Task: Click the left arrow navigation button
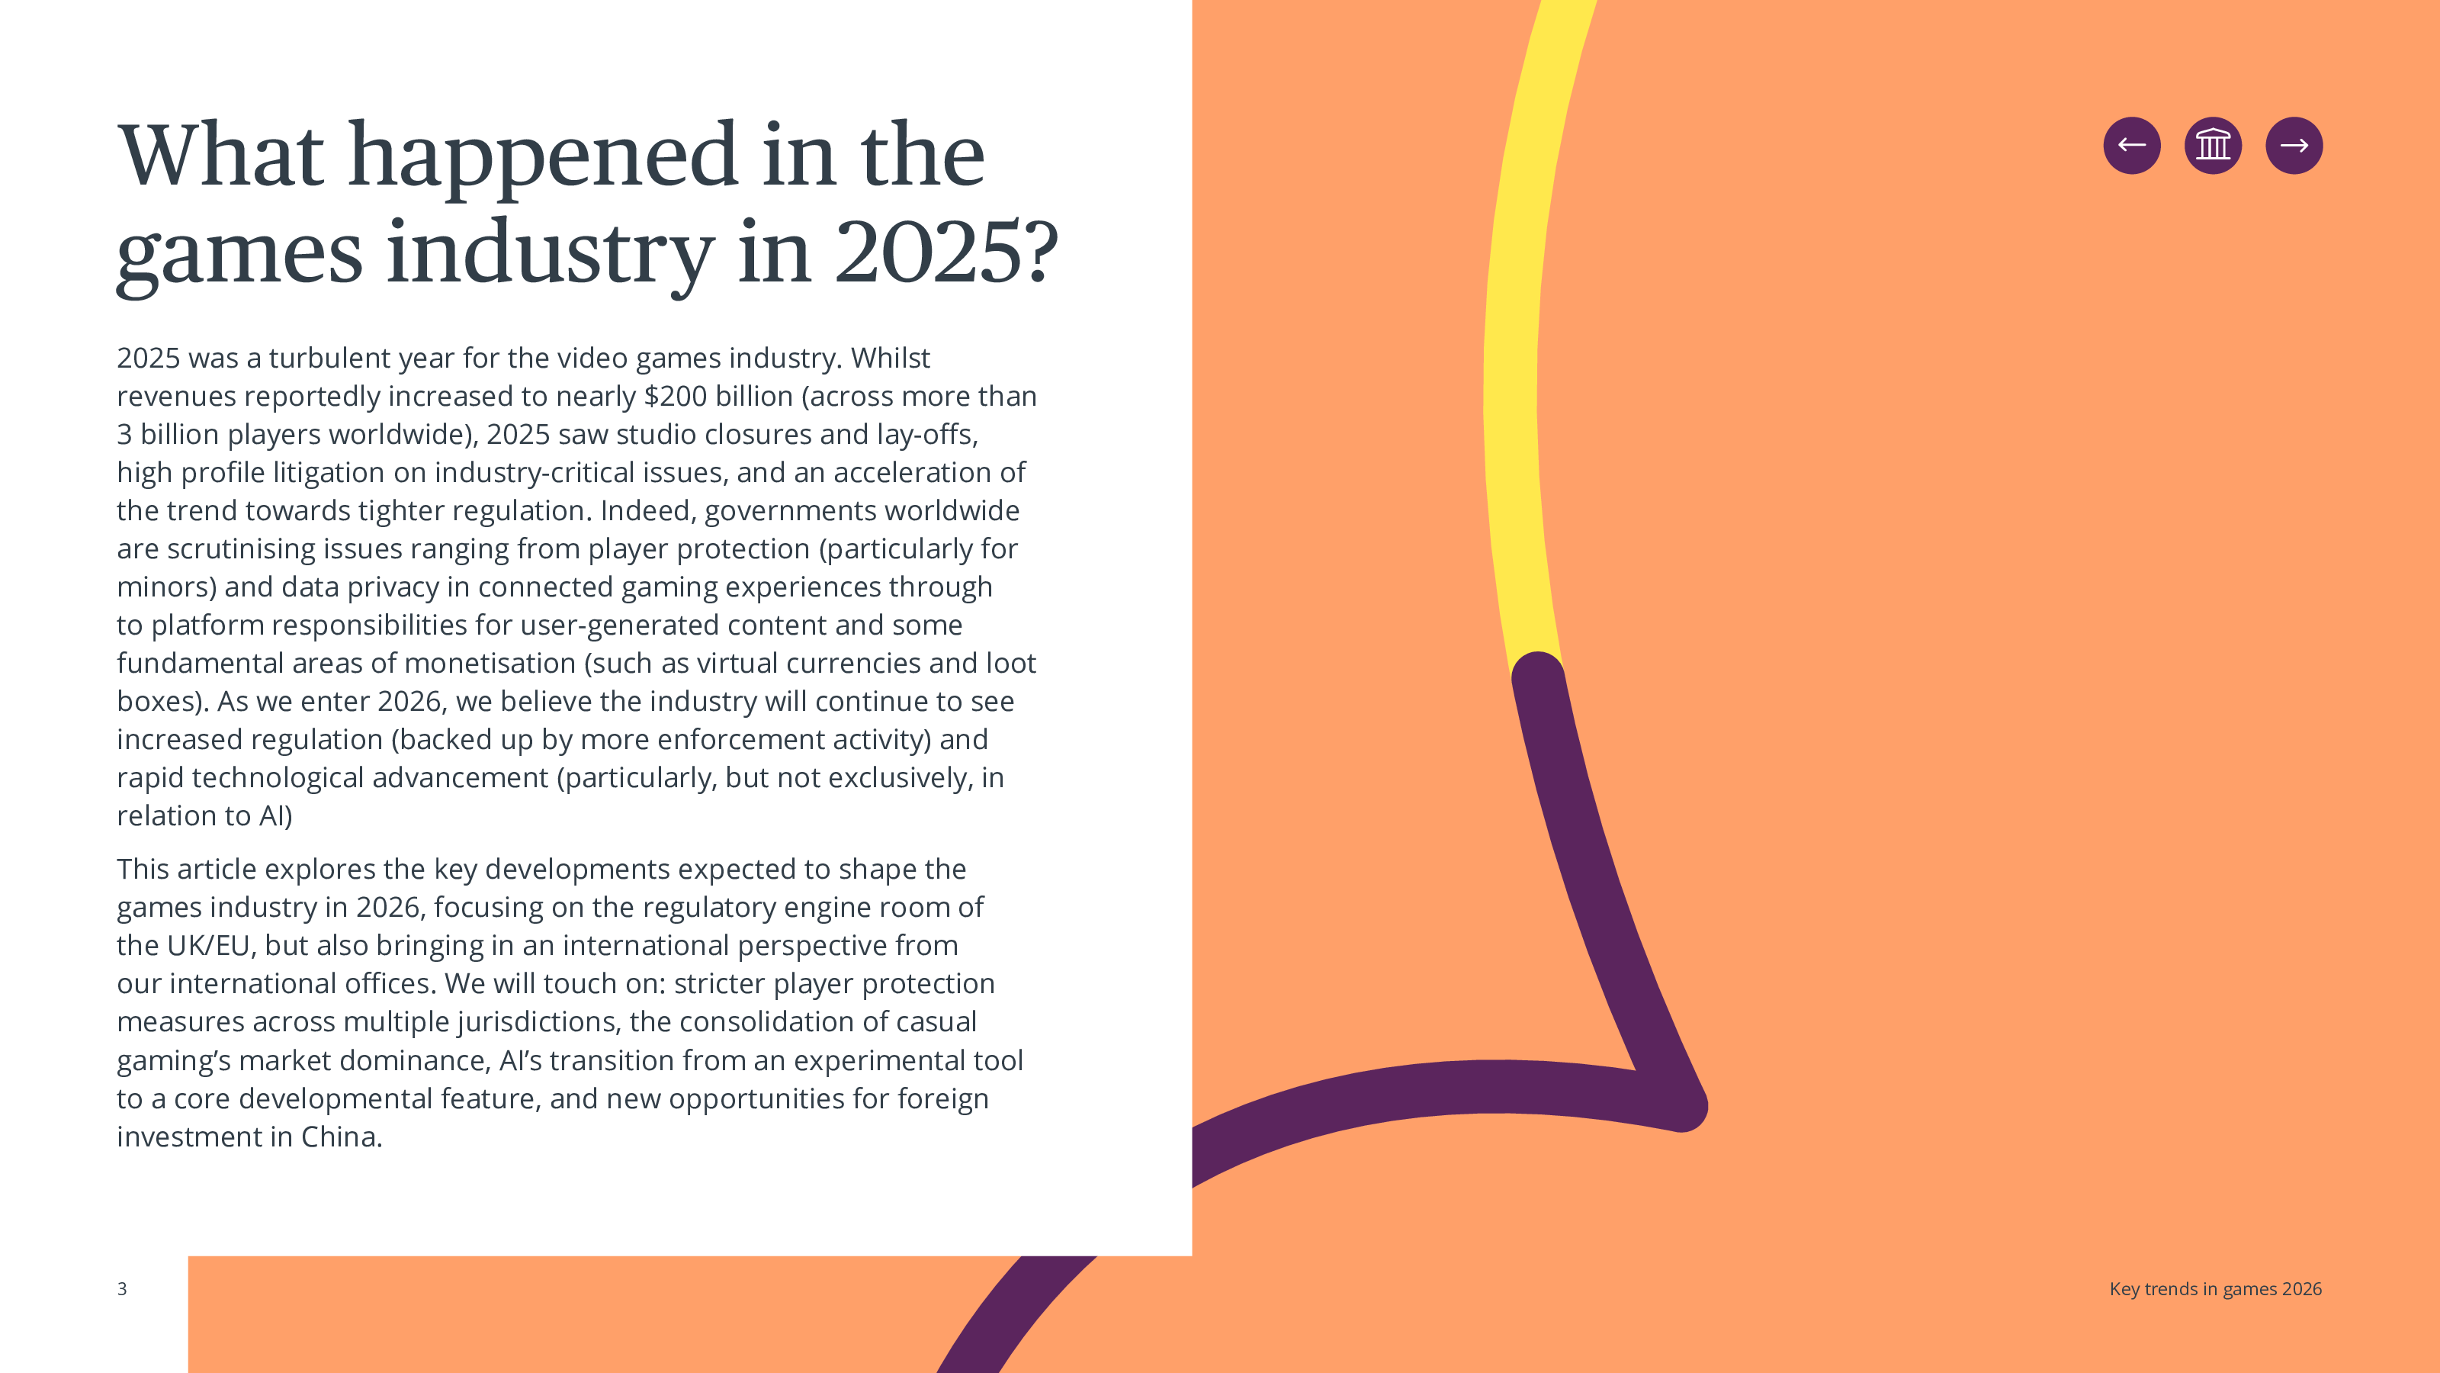pos(2131,145)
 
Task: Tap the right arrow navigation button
pos(2293,145)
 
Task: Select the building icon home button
pos(2213,145)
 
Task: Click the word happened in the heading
pos(543,156)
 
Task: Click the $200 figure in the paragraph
pos(676,396)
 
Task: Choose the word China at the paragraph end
pos(341,1136)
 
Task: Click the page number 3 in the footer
pos(122,1288)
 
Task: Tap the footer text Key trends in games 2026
pos(2214,1288)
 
